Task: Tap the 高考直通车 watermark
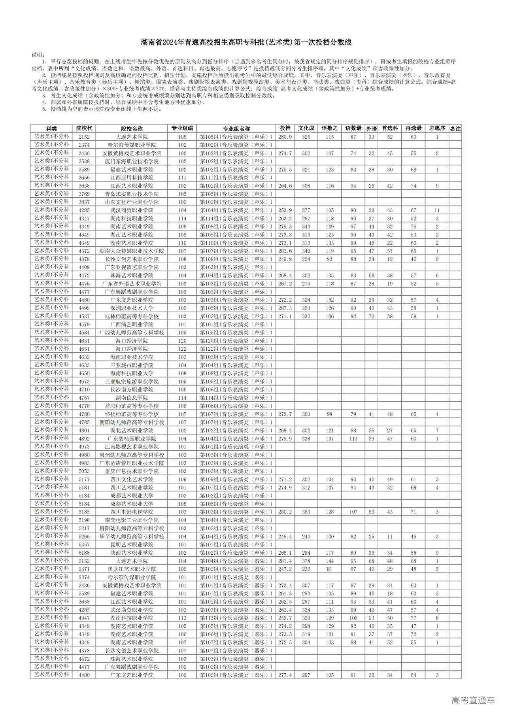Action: (x=473, y=700)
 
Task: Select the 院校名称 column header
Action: (x=132, y=128)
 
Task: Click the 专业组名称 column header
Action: (x=236, y=128)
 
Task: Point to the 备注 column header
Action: (x=455, y=128)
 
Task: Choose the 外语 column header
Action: (x=371, y=128)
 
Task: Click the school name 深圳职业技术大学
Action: (x=132, y=308)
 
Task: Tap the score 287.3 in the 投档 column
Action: (x=285, y=308)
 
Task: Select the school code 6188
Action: (x=84, y=553)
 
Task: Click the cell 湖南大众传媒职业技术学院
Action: (x=132, y=251)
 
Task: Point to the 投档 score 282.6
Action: (x=285, y=251)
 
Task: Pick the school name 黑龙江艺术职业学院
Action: (x=132, y=569)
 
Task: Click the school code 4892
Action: (x=84, y=438)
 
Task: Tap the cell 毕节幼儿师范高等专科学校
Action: (x=132, y=537)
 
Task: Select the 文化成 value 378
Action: (x=306, y=561)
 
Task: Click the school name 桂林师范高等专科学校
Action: (x=132, y=316)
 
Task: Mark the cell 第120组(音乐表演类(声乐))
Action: (x=236, y=341)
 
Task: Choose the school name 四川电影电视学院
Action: (x=132, y=512)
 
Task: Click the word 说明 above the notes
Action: (x=38, y=55)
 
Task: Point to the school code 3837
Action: (x=84, y=202)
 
